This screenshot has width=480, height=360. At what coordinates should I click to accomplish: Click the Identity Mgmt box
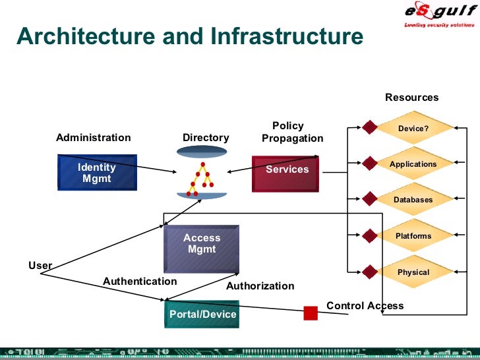[97, 173]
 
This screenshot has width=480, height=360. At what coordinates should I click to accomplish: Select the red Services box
[285, 173]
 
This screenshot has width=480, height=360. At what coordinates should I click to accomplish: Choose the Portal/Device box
[202, 314]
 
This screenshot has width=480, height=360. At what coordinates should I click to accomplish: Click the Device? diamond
[413, 129]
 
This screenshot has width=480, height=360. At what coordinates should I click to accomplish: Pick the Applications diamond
[413, 164]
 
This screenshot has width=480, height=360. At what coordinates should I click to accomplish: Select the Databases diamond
[413, 200]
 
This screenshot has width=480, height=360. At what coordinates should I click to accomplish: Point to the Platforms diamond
[413, 236]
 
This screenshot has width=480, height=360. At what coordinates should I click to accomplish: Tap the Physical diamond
[413, 272]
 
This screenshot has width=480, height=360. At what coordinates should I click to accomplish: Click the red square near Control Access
[311, 313]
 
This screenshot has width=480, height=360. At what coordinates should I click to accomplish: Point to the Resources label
[411, 98]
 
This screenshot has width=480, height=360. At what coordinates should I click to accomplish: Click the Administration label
[93, 138]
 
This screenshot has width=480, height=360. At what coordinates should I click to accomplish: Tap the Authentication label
[140, 281]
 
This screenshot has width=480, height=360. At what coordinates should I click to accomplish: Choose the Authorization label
[260, 286]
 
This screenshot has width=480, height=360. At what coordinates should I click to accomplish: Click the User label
[40, 265]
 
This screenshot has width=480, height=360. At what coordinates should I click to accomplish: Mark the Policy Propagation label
[291, 132]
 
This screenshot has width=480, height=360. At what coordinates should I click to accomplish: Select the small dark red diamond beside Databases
[369, 200]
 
